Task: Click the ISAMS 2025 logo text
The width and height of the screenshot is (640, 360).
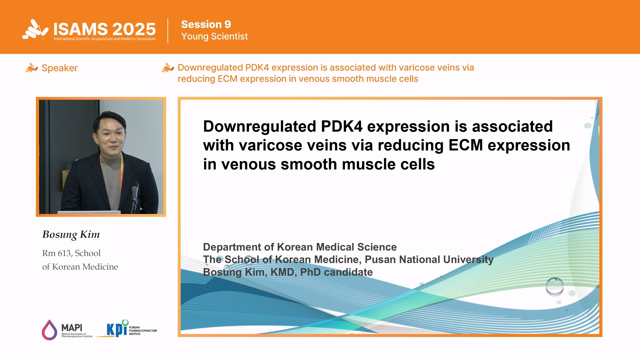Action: [x=104, y=29]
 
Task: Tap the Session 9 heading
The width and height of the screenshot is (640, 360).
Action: [x=206, y=24]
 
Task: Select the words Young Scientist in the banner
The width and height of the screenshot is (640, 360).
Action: [x=214, y=36]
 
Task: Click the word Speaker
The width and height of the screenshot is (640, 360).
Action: [x=60, y=68]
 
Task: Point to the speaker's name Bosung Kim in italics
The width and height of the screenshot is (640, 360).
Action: [x=71, y=235]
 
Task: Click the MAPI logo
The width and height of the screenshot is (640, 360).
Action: [x=67, y=330]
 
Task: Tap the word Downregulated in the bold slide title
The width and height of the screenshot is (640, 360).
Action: [x=260, y=127]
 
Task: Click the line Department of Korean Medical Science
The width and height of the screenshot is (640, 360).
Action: [x=300, y=247]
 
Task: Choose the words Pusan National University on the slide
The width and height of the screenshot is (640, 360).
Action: [x=429, y=260]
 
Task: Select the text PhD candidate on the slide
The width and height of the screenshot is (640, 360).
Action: [x=336, y=272]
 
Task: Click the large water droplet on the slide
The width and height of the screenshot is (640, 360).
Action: [x=555, y=286]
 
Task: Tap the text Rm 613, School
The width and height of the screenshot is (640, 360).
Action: [x=71, y=253]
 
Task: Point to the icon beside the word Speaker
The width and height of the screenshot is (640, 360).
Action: [x=32, y=68]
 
